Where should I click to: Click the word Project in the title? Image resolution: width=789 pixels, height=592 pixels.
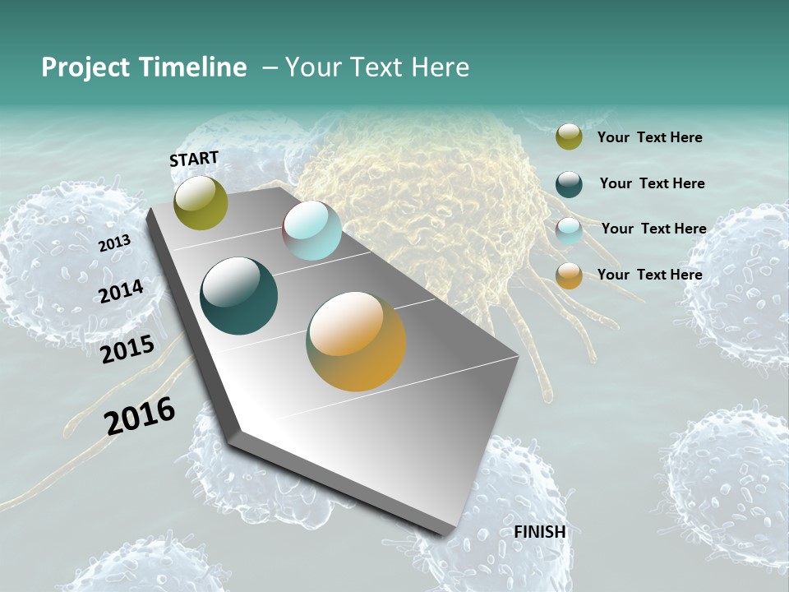point(80,67)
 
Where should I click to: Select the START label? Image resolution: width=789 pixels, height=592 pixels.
point(194,159)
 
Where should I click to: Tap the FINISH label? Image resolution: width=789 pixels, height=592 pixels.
point(540,532)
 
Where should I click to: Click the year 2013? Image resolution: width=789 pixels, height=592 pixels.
point(114,243)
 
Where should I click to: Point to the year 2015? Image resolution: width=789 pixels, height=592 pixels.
point(127,349)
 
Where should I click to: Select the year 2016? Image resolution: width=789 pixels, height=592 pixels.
point(140,416)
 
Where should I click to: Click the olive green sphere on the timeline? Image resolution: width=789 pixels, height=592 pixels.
point(201,202)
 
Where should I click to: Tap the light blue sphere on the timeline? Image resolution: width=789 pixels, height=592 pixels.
point(311,230)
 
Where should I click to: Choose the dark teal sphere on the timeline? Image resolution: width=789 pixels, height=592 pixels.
point(238,296)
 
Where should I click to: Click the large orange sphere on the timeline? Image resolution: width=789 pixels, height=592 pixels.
point(356,341)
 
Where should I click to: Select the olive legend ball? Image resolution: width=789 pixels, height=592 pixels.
point(569,136)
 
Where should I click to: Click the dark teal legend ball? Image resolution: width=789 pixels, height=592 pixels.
point(569,184)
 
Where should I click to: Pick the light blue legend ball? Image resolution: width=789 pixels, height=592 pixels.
point(569,231)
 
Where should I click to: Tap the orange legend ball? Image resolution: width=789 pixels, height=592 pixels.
point(569,276)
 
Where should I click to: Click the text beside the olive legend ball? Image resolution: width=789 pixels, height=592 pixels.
point(649,137)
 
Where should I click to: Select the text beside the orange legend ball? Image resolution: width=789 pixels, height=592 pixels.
point(649,275)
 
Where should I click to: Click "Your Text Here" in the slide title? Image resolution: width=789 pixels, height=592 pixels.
point(376,67)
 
